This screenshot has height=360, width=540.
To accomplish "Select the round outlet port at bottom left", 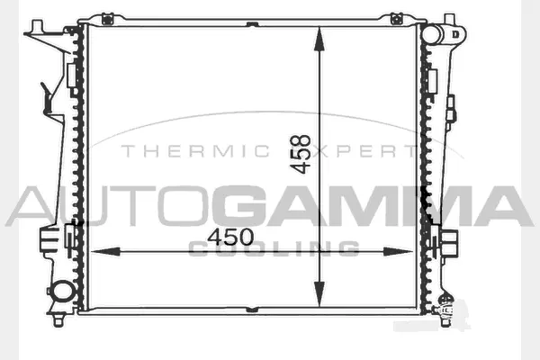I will coord(63,292).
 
